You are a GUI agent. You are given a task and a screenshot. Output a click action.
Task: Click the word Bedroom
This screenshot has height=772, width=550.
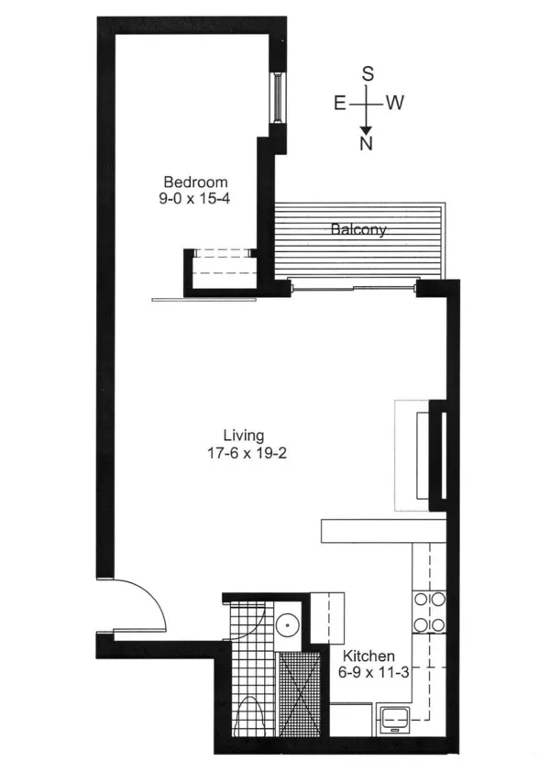(195, 182)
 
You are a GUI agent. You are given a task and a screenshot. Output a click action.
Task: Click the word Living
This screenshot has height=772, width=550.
(244, 436)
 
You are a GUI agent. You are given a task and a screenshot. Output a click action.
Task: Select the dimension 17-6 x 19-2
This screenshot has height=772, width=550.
(244, 452)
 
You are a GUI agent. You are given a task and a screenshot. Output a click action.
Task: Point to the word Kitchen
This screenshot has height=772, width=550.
(368, 656)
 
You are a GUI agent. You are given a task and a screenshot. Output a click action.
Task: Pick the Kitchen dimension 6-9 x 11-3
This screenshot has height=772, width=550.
(368, 672)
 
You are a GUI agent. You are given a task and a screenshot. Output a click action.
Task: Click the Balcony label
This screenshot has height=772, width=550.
(358, 230)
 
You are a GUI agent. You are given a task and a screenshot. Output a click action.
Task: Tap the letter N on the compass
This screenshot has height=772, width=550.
(367, 144)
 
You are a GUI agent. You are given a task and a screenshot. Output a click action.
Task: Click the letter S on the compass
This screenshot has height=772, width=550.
(367, 74)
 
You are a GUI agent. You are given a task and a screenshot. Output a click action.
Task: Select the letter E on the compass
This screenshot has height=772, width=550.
(339, 103)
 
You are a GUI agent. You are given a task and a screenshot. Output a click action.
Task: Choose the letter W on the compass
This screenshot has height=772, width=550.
(395, 103)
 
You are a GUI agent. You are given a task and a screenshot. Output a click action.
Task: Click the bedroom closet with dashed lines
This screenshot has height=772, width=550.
(221, 268)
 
